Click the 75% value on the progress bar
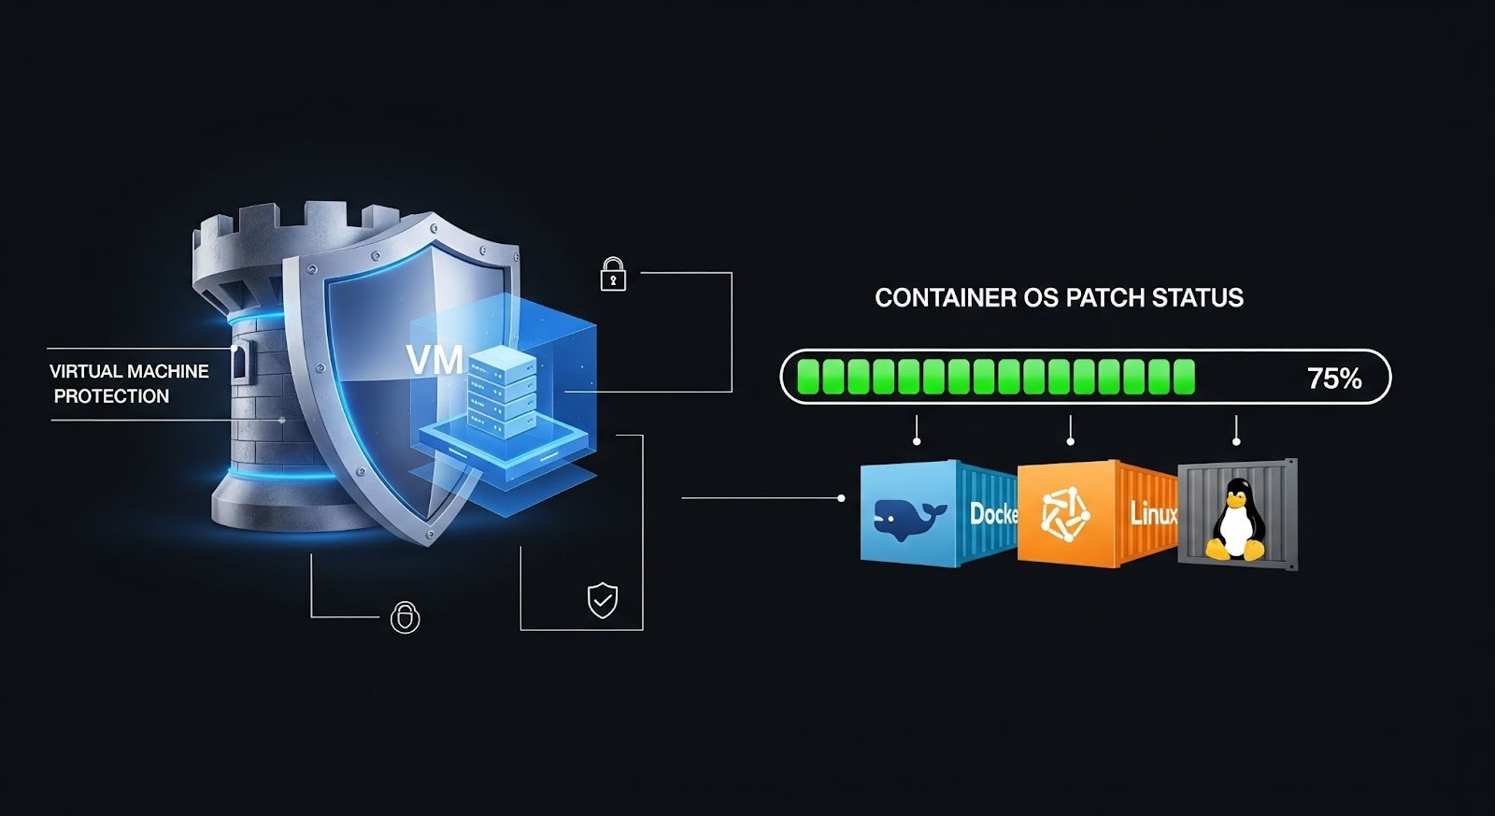coord(1333,379)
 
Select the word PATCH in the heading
coord(1104,298)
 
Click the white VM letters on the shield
coord(434,360)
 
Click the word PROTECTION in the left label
coord(111,396)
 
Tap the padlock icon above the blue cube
coord(613,274)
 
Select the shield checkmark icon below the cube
coord(602,599)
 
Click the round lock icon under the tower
coord(405,617)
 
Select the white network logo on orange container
coord(1065,515)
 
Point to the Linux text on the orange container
coord(1153,513)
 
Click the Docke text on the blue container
coord(992,513)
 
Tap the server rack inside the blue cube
coord(499,390)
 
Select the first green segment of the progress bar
coord(808,377)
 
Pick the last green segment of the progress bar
coord(1184,377)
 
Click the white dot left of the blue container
coord(841,498)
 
